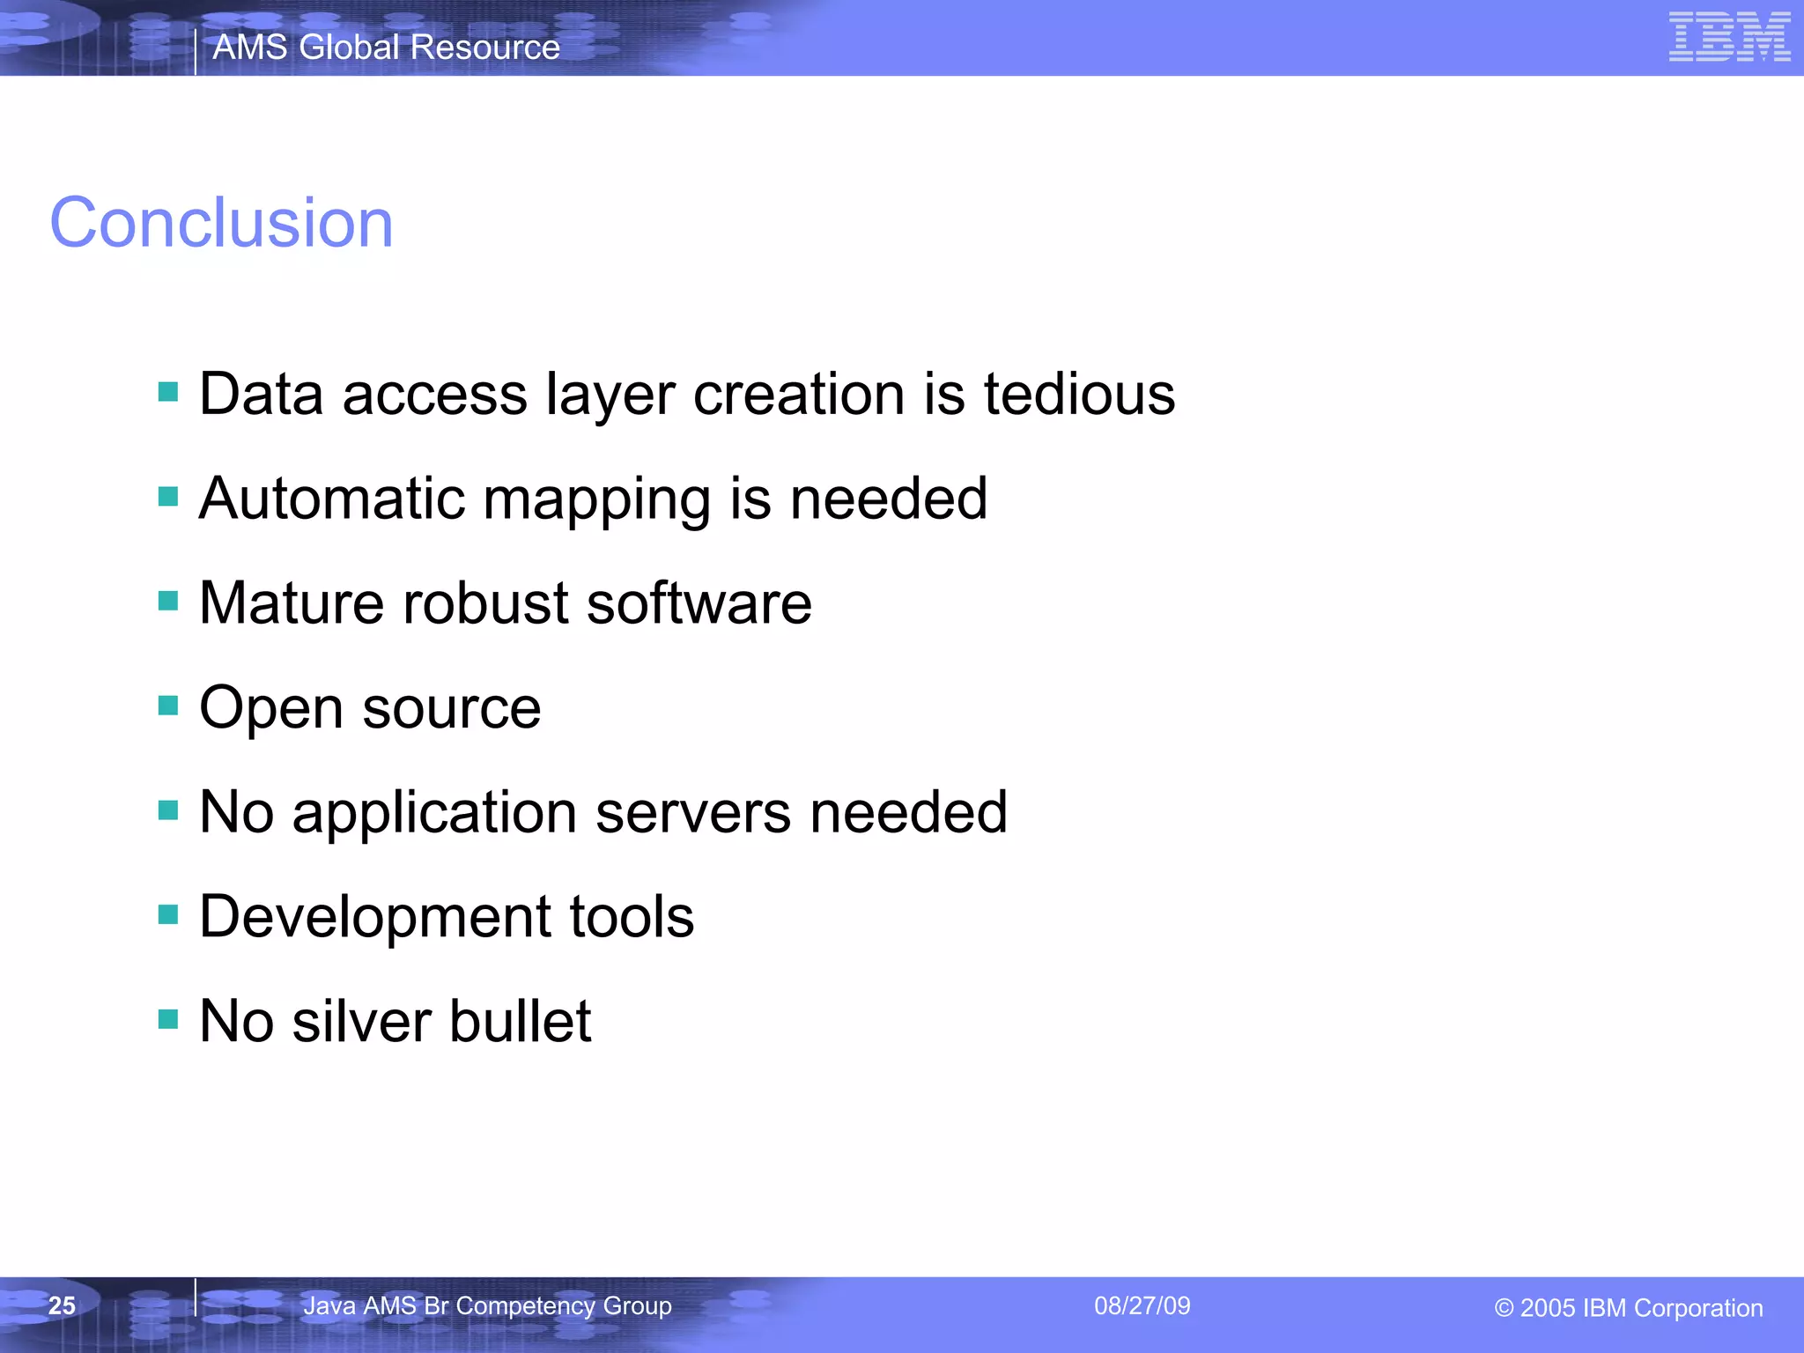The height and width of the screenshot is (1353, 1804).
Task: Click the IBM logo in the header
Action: (1729, 37)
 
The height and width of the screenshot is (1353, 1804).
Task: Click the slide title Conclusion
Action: (221, 223)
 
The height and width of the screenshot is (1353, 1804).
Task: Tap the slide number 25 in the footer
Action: (62, 1305)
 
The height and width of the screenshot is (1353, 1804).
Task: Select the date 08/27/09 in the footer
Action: (1142, 1305)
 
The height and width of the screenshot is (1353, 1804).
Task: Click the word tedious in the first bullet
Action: (1079, 394)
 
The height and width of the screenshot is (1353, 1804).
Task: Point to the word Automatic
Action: (331, 499)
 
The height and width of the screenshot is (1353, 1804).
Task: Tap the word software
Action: (699, 603)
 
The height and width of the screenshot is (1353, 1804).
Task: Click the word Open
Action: (271, 709)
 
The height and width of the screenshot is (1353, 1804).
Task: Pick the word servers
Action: (692, 812)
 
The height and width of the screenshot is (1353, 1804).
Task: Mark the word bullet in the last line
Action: (521, 1022)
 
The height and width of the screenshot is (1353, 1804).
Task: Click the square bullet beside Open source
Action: (168, 706)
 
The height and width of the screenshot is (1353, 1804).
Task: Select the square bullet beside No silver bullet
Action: (168, 1019)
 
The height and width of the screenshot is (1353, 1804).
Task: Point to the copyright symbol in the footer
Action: (1504, 1308)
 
